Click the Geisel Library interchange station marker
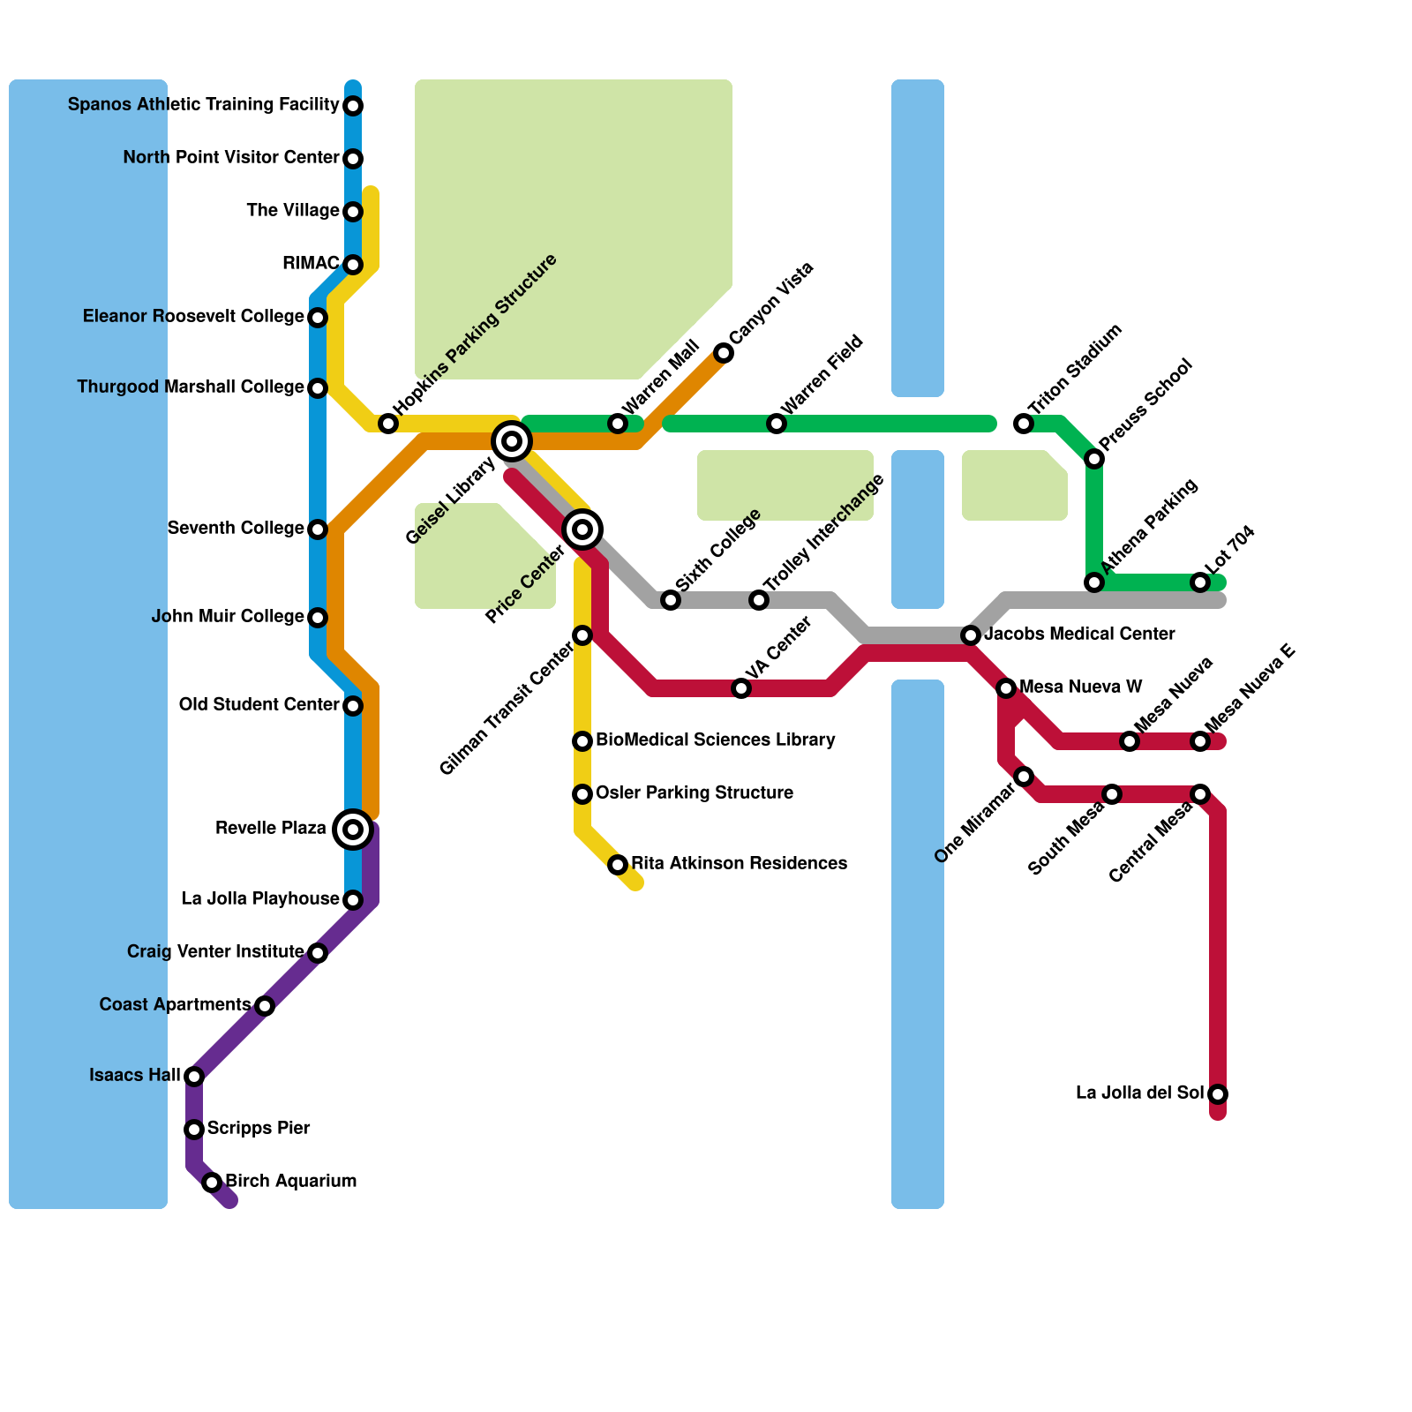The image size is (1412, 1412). click(x=512, y=440)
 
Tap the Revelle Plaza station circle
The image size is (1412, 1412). click(x=353, y=830)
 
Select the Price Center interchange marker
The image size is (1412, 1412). click(x=582, y=529)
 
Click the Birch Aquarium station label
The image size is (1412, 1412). click(x=290, y=1182)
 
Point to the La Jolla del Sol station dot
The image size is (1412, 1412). click(x=1218, y=1094)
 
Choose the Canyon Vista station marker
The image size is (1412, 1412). click(x=724, y=353)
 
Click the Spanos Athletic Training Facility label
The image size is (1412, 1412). click(x=203, y=105)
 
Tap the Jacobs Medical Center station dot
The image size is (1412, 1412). click(x=971, y=635)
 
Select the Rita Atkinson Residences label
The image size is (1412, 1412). click(x=739, y=864)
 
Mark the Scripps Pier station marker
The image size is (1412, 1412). click(x=194, y=1130)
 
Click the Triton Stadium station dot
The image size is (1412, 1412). click(x=1024, y=424)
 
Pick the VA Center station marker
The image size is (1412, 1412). click(x=741, y=688)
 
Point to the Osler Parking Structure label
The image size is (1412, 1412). click(x=694, y=793)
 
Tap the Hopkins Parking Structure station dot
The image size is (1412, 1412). click(x=388, y=424)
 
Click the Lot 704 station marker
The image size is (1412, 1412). click(x=1200, y=582)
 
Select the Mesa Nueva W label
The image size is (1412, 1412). click(x=1080, y=687)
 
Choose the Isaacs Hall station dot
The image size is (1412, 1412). click(x=194, y=1077)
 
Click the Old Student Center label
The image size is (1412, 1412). click(x=259, y=705)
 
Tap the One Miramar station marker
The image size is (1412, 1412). click(x=1024, y=777)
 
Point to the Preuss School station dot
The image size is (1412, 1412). click(x=1094, y=459)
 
